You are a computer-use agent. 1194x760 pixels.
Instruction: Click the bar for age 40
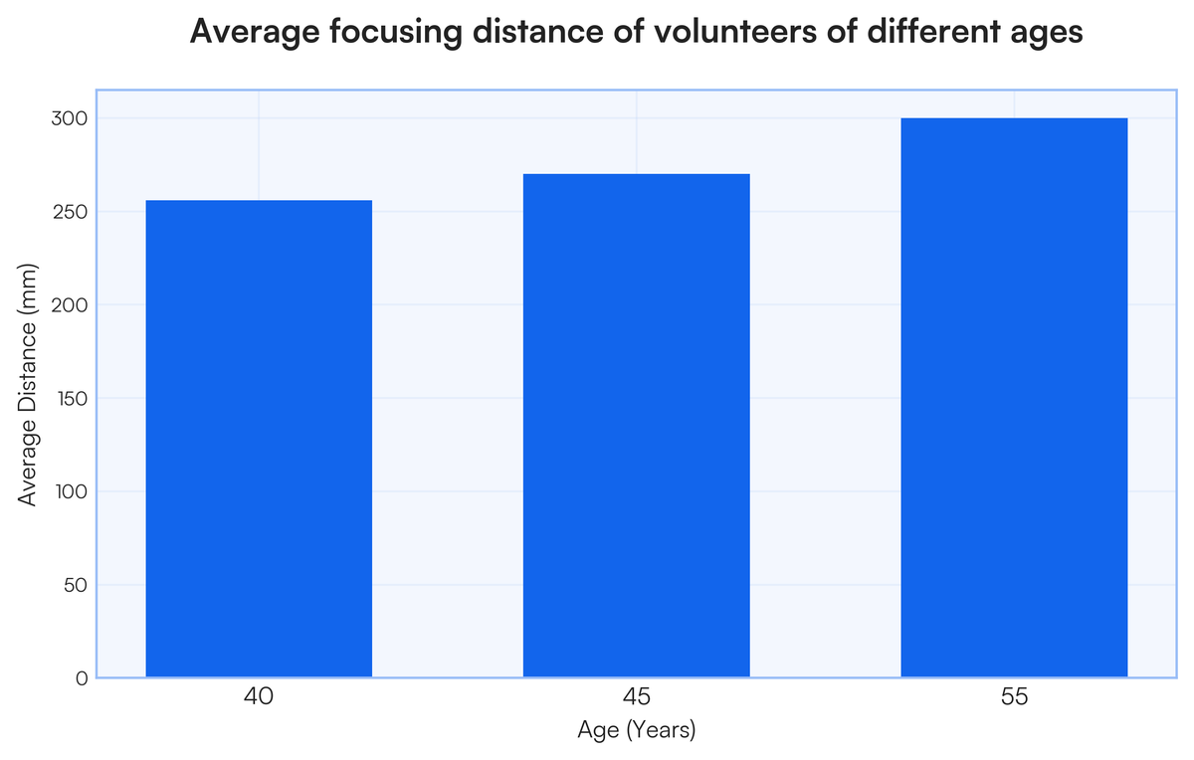(x=259, y=439)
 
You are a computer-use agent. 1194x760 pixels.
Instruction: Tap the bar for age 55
(x=1014, y=398)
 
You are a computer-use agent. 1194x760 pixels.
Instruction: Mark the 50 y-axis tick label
(x=75, y=585)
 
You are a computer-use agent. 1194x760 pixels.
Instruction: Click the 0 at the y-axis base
(x=82, y=678)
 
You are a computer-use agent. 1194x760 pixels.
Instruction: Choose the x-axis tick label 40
(x=259, y=696)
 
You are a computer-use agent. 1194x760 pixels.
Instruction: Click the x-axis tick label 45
(x=637, y=696)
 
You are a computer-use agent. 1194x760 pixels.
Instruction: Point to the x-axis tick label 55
(x=1014, y=696)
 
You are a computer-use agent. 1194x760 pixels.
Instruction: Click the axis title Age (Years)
(x=637, y=730)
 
